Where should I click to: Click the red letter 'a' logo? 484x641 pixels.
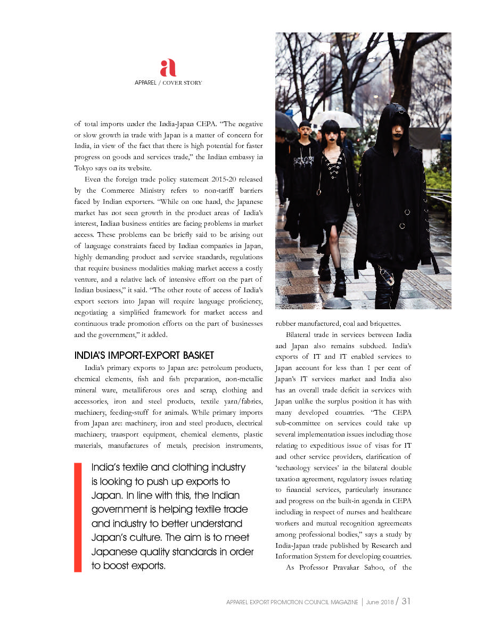[168, 68]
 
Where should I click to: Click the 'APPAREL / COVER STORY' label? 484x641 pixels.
[168, 83]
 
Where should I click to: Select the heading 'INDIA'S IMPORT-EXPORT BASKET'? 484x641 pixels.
[144, 355]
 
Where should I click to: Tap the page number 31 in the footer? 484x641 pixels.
[406, 601]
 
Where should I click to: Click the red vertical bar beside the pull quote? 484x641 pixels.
[78, 517]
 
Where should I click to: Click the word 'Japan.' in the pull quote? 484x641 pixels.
[108, 496]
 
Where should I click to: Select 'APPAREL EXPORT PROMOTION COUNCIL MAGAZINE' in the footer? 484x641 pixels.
[292, 602]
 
